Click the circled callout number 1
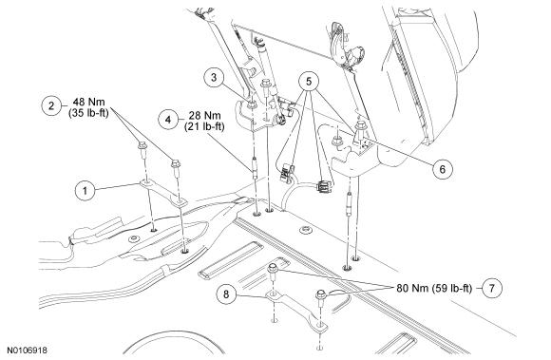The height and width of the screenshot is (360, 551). [x=85, y=191]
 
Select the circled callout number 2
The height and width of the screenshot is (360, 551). [x=51, y=105]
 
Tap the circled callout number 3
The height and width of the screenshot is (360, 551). [x=214, y=78]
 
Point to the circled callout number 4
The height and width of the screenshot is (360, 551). [x=168, y=120]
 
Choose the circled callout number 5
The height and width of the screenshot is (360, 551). [x=309, y=82]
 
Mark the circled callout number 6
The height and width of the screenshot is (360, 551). [x=442, y=169]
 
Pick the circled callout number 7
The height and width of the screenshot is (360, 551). [x=491, y=288]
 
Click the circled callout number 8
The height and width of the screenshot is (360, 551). [x=226, y=294]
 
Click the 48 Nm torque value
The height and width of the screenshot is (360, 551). [x=89, y=102]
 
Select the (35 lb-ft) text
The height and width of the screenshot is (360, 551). [x=89, y=113]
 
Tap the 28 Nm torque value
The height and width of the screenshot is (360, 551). [x=205, y=115]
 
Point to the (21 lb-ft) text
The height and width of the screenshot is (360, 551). [x=204, y=126]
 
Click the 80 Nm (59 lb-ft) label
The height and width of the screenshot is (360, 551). [x=434, y=288]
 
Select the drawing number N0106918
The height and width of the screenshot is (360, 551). [x=27, y=351]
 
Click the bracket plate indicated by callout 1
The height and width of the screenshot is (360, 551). [x=163, y=193]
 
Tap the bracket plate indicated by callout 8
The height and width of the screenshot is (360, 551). [x=296, y=312]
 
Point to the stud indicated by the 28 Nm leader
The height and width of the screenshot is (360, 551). [x=255, y=168]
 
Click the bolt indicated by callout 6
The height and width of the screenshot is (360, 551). [x=361, y=129]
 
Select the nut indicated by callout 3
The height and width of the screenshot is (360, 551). [x=252, y=104]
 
